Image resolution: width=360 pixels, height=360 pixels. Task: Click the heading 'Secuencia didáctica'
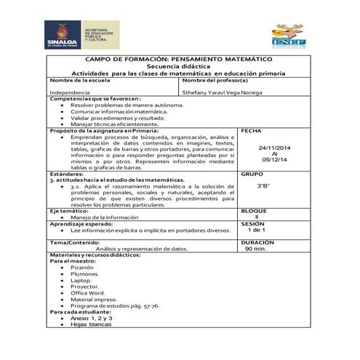tap(178, 65)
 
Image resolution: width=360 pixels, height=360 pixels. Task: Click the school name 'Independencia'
tap(70, 92)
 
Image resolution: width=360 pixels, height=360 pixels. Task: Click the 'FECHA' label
tap(250, 131)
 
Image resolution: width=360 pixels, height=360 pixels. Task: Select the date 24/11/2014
tap(275, 148)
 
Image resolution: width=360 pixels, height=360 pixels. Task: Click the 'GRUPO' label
tap(252, 175)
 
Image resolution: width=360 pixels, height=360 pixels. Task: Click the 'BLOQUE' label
tap(254, 210)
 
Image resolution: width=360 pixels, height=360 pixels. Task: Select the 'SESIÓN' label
tap(254, 224)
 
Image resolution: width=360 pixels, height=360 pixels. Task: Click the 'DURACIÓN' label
tap(257, 241)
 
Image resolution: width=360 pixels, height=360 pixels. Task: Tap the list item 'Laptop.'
tap(81, 280)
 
